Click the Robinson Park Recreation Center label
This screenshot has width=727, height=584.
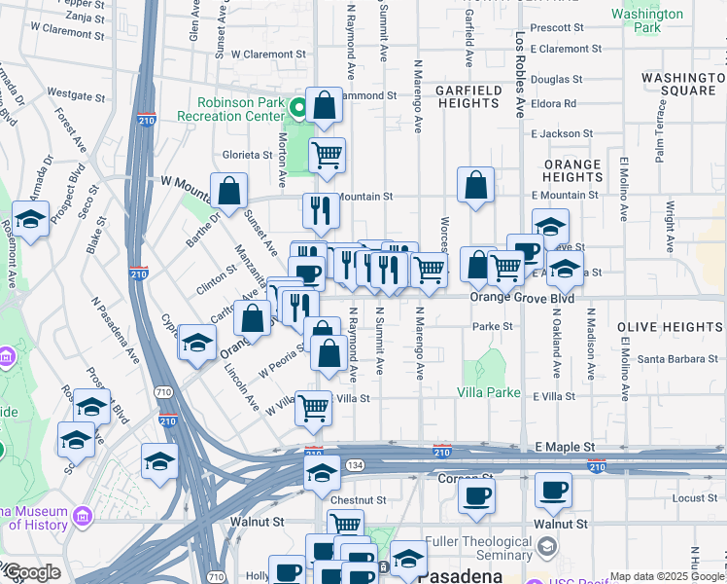point(239,108)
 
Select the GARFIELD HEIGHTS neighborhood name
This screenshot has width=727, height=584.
point(468,97)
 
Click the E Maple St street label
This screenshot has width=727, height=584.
point(565,447)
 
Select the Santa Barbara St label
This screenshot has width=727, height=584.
point(677,359)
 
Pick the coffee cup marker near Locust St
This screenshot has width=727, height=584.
point(554,493)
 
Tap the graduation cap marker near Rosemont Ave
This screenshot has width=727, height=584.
point(30,218)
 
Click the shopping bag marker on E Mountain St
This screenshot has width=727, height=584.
point(475,185)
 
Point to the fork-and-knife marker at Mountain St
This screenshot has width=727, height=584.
point(320,209)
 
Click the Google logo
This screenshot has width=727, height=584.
point(31,572)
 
